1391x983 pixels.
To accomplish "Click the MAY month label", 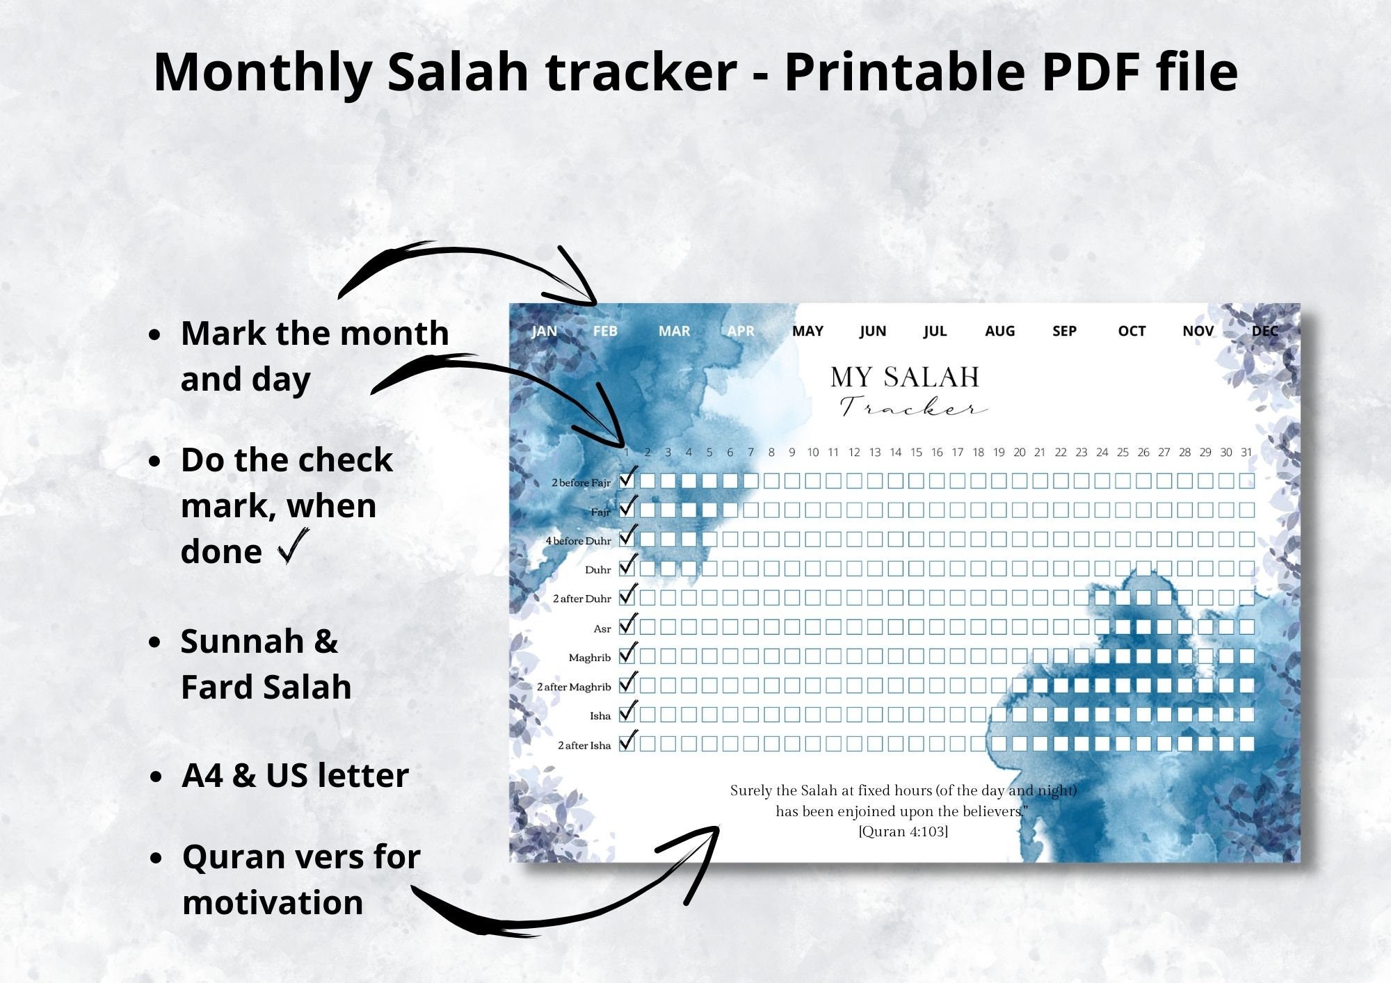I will point(807,331).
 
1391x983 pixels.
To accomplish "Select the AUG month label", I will point(999,331).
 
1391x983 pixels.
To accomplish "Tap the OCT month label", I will point(1132,331).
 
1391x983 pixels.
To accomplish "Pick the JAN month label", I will point(544,331).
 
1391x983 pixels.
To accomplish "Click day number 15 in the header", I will point(916,453).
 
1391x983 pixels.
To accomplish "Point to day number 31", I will point(1246,453).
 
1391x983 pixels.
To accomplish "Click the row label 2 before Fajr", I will point(581,482).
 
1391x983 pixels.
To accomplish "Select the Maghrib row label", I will point(589,658).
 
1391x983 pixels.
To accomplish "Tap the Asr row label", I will point(602,628).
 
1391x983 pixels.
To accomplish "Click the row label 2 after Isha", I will point(584,745).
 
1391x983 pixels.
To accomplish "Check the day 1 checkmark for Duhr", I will point(627,567).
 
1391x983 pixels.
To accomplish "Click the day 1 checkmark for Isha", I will point(627,713).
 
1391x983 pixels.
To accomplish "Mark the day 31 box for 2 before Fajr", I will point(1246,480).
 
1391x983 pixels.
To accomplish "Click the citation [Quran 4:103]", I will point(903,831).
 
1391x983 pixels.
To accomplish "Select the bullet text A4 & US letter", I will point(295,775).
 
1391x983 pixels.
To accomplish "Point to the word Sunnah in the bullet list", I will point(241,641).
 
